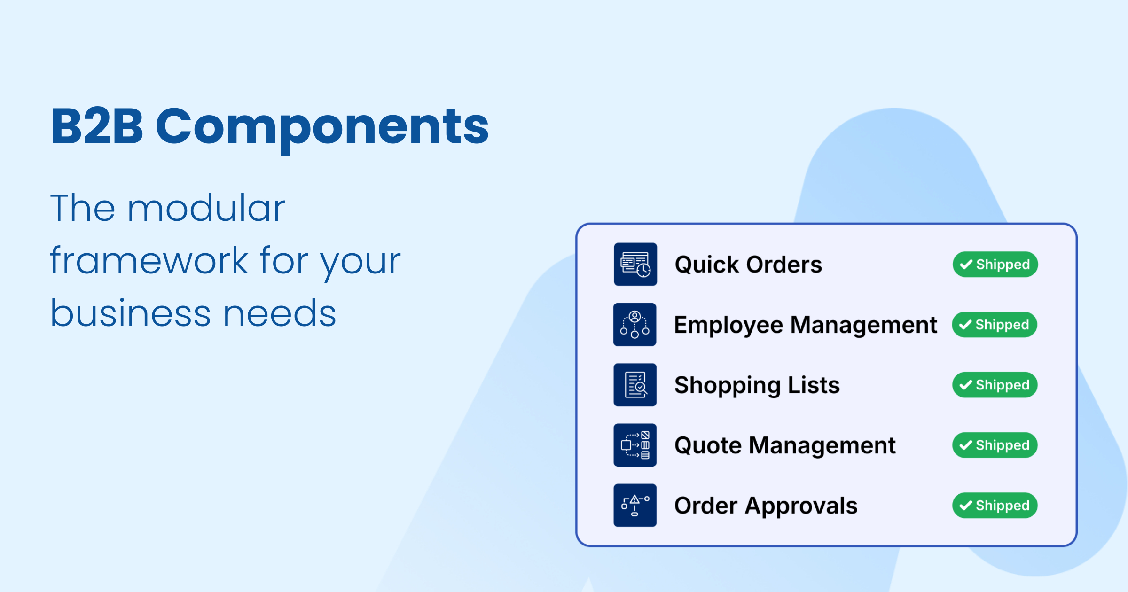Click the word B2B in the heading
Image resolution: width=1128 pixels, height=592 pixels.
coord(97,126)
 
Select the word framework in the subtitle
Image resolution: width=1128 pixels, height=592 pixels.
coord(149,261)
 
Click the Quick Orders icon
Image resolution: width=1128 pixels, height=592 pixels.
coord(635,264)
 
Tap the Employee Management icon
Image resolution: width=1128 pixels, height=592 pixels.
coord(634,325)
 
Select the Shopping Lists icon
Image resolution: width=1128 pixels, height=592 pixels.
coord(635,385)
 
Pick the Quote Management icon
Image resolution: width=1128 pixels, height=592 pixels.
coord(635,445)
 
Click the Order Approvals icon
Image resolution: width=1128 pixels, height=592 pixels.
coord(635,505)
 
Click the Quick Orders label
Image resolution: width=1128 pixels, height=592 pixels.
coord(748,265)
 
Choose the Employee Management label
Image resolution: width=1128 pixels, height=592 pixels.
coord(805,325)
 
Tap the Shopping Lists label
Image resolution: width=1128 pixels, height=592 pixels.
coord(757,385)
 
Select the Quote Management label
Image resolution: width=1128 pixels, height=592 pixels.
coord(785,445)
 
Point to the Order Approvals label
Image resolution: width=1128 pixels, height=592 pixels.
coord(766,506)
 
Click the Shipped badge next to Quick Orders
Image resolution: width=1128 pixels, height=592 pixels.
coord(995,265)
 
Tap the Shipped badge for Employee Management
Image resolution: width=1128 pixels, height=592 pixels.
coord(995,325)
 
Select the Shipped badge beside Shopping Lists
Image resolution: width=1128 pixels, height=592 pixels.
coord(995,385)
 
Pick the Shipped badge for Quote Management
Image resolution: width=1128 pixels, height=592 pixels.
coord(995,445)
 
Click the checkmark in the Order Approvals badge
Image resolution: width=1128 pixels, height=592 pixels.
coord(966,506)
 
